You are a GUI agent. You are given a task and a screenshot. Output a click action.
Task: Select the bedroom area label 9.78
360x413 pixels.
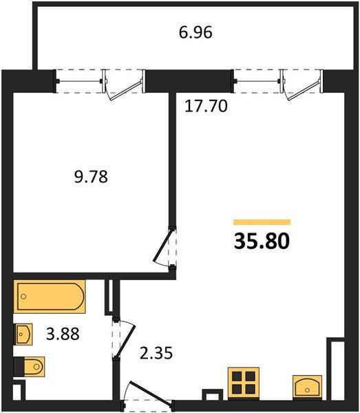pyautogui.click(x=91, y=177)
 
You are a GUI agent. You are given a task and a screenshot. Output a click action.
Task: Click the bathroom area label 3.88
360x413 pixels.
pyautogui.click(x=62, y=335)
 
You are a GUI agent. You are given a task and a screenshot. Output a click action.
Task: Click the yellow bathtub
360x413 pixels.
pyautogui.click(x=50, y=297)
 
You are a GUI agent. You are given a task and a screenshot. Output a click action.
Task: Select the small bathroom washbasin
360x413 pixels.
pyautogui.click(x=23, y=335)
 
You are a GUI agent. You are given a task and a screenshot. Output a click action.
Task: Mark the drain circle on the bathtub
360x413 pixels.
pyautogui.click(x=24, y=297)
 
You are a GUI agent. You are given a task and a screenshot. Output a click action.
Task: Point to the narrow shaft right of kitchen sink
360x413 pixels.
pyautogui.click(x=335, y=368)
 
